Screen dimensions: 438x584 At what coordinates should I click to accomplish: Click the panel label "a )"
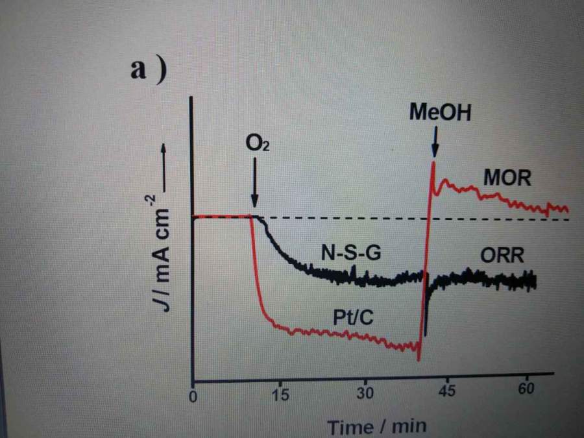pos(149,69)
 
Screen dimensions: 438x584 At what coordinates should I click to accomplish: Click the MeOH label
pos(439,113)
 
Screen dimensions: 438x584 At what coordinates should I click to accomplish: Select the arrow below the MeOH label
pos(435,143)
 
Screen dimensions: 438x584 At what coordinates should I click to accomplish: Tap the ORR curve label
pos(502,255)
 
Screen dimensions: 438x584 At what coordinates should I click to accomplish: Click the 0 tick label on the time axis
pos(193,396)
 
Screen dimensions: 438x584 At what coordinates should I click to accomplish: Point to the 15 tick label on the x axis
pos(280,394)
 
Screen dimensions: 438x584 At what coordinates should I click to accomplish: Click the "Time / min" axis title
pos(376,426)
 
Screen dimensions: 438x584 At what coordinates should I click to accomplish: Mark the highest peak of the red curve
pos(433,162)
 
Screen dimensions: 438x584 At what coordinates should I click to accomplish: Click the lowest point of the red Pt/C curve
pos(419,360)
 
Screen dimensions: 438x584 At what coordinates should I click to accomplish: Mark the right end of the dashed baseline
pos(568,219)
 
